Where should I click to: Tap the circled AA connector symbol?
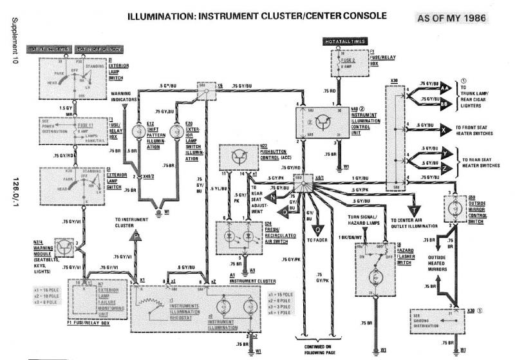tap(449, 84)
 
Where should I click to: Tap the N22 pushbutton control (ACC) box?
tap(239, 157)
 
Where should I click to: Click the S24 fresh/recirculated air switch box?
tap(239, 234)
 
